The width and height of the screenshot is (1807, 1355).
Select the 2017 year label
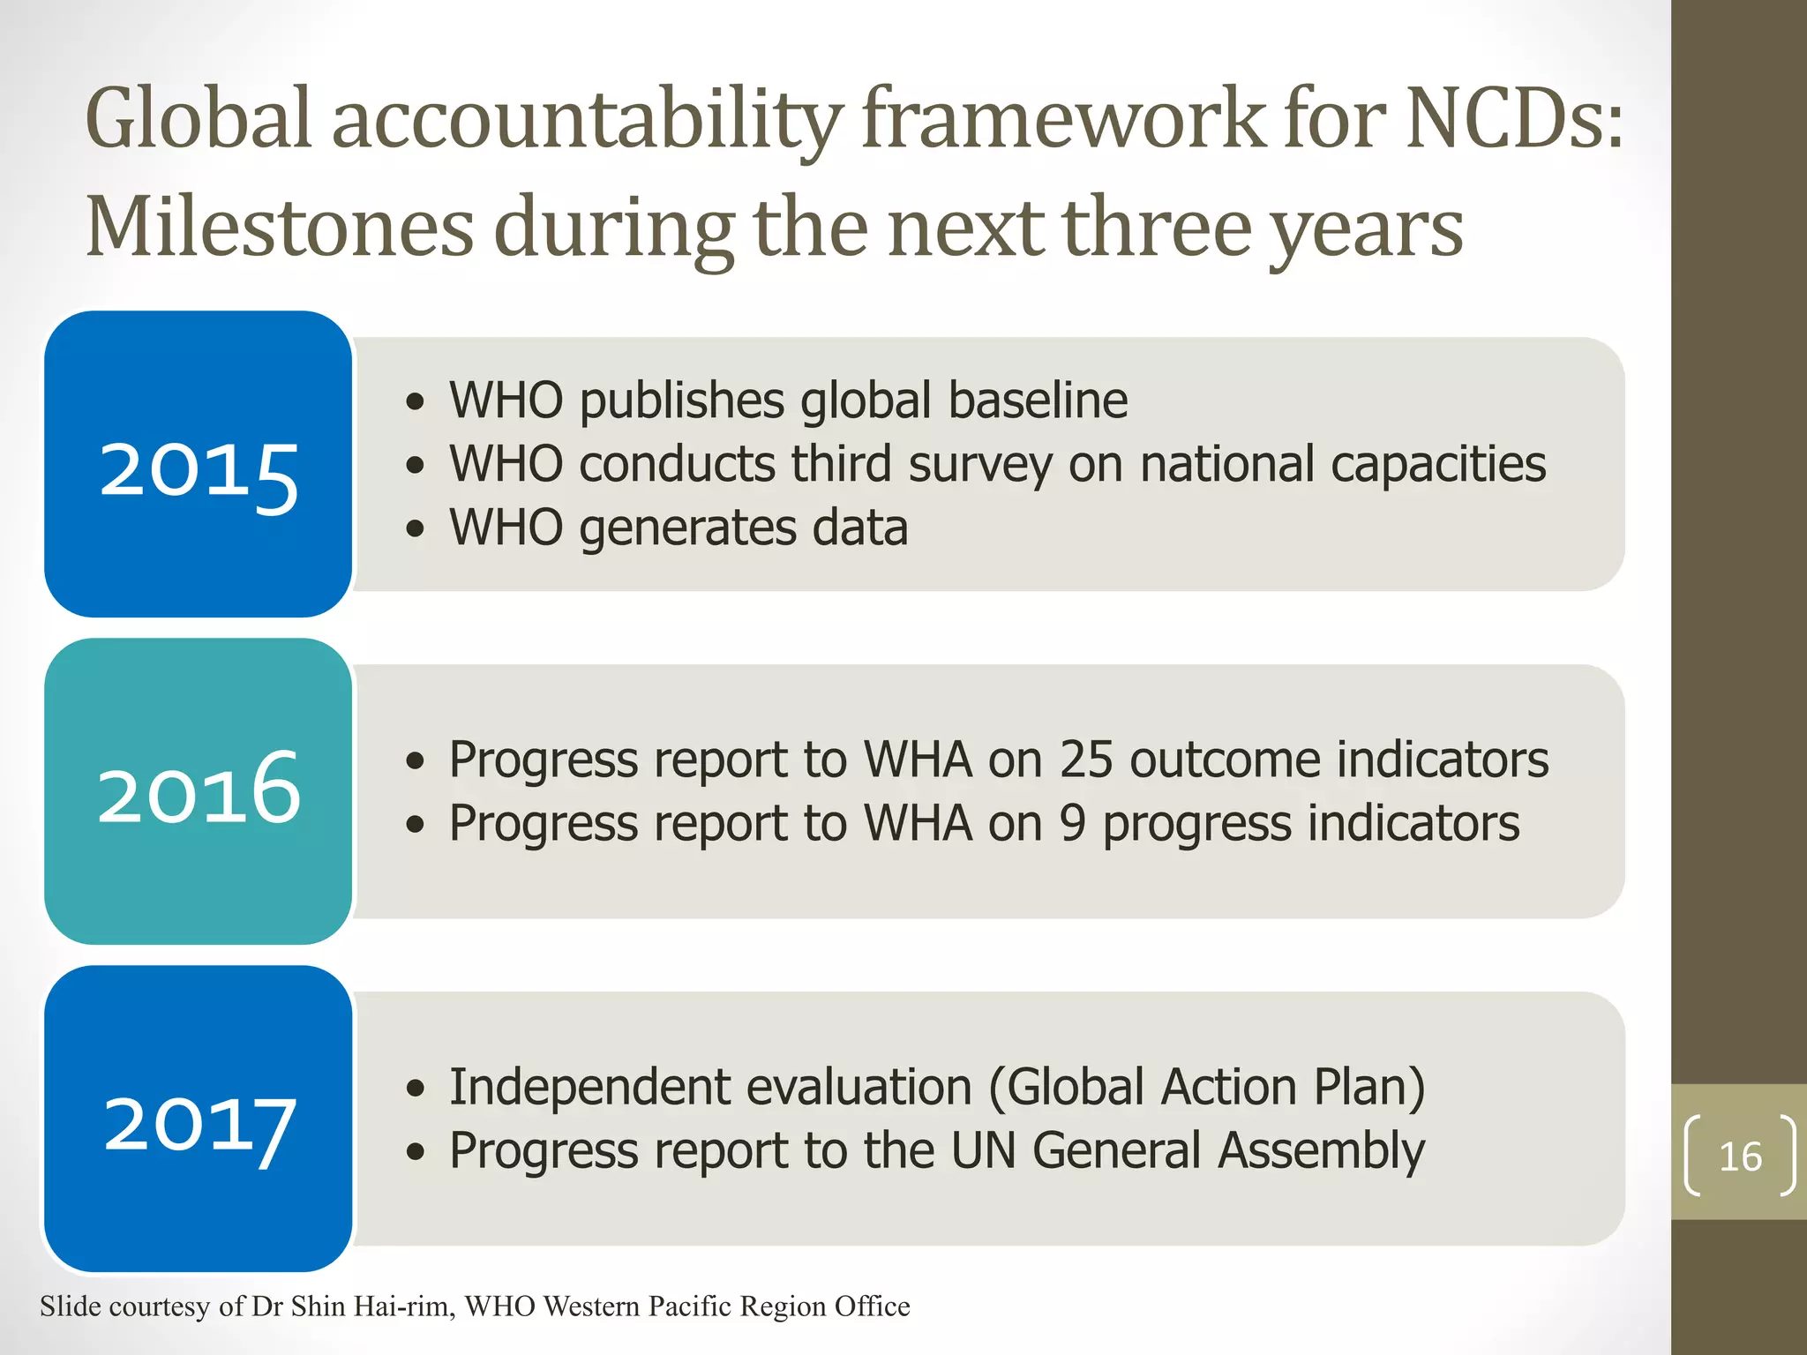point(199,1124)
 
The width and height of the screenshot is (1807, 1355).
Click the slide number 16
point(1739,1157)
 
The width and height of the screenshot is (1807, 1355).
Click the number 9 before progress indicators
point(1072,824)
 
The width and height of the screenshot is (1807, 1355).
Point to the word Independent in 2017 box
point(578,1088)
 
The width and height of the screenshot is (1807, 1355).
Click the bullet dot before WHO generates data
point(416,529)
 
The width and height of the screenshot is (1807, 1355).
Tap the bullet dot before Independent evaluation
point(416,1089)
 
